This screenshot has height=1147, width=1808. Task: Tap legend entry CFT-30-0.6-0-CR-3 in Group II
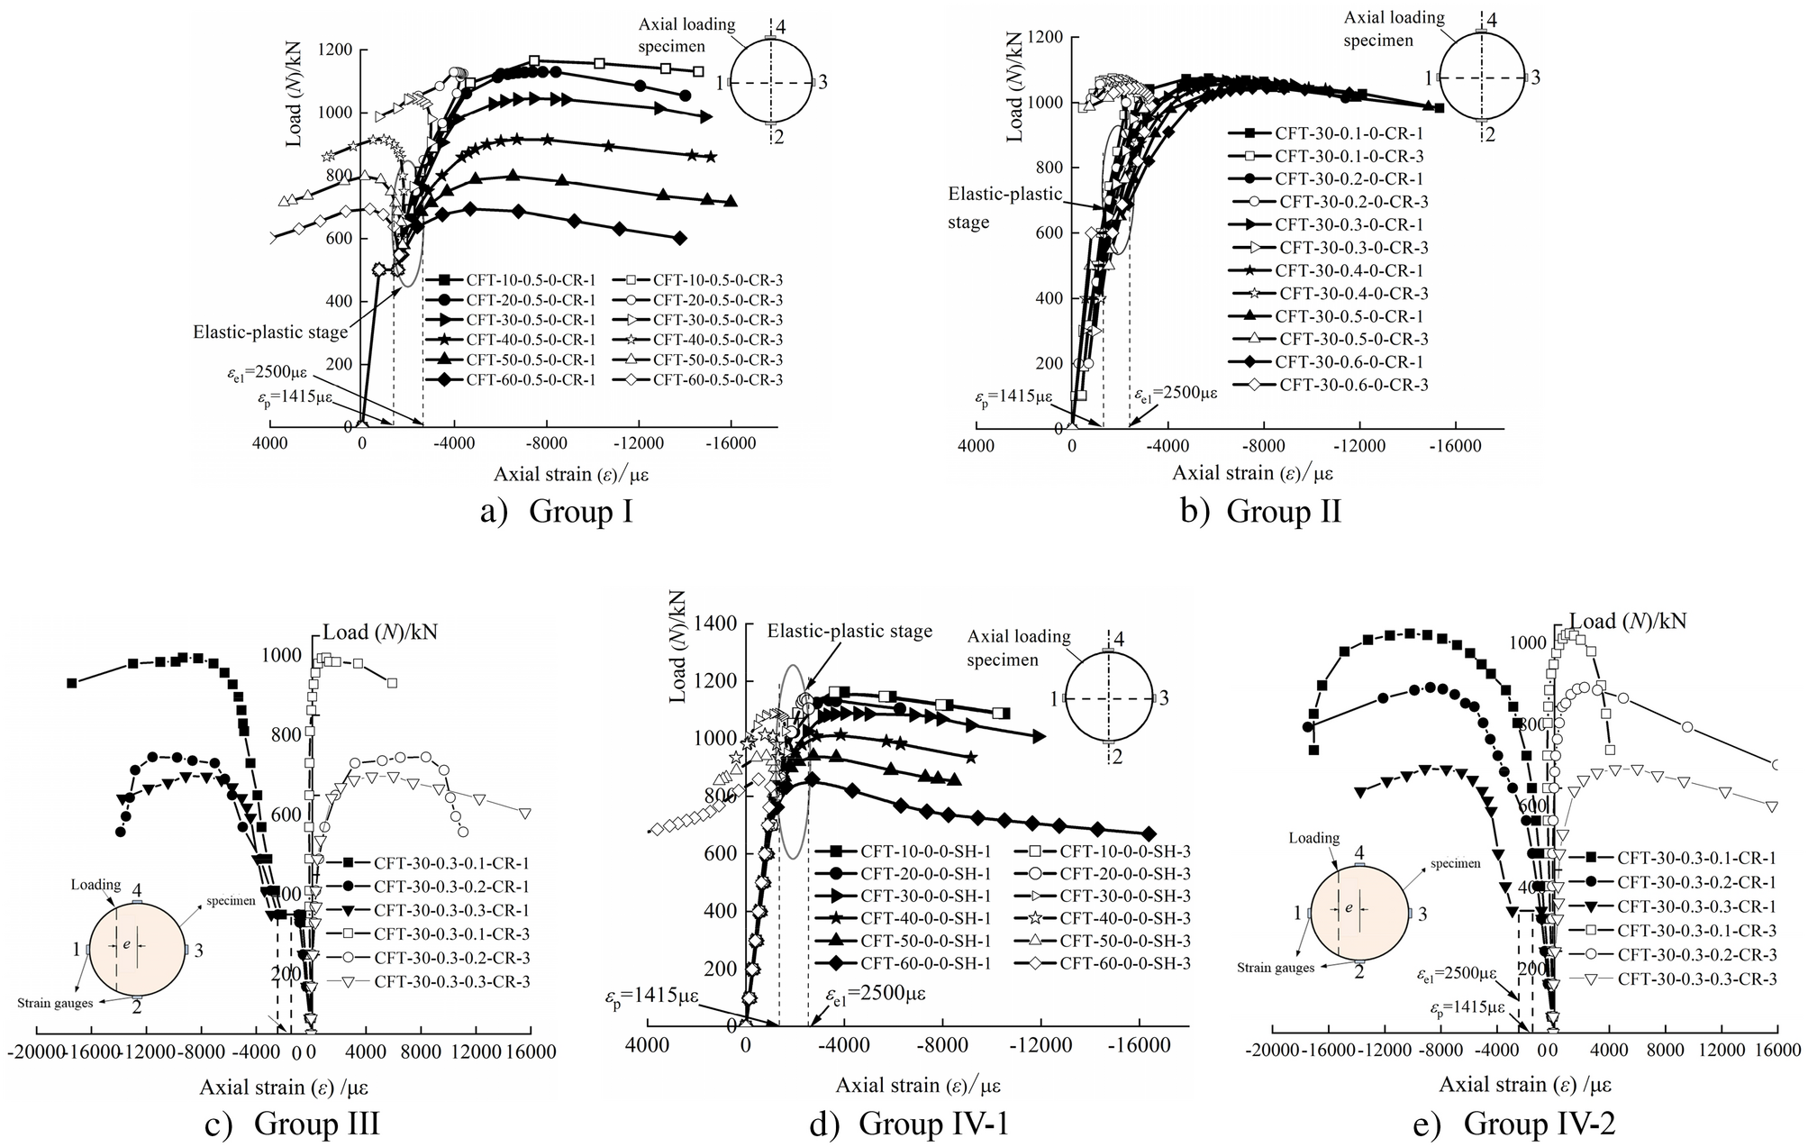point(1353,385)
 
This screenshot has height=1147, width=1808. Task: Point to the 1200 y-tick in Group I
point(336,50)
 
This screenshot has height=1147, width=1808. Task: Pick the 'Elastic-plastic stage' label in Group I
point(269,332)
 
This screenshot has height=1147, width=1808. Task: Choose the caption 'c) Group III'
point(304,1124)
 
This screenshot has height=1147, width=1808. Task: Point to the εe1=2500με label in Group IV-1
point(876,994)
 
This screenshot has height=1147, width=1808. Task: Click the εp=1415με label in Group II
point(1013,396)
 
